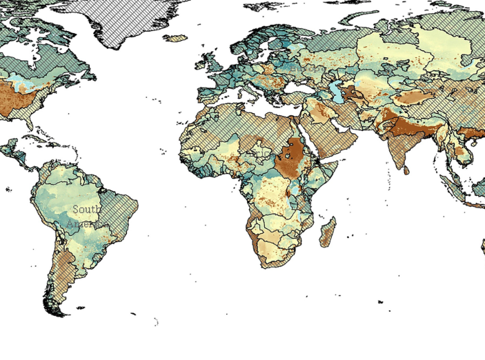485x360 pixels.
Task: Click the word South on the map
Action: point(86,209)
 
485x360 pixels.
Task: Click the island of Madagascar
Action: point(327,232)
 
